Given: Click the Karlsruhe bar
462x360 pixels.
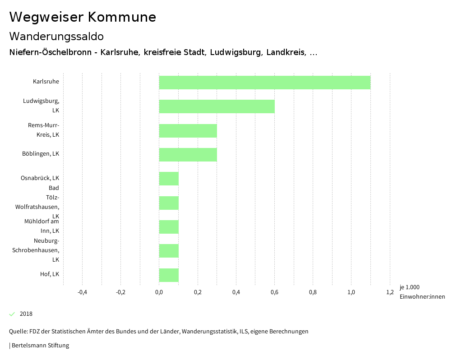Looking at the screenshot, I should [x=264, y=83].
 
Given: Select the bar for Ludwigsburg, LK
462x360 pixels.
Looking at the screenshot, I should [x=217, y=106].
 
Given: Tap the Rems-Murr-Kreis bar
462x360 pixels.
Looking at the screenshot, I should [x=188, y=131].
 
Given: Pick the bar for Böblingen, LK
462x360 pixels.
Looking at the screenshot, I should [x=188, y=155].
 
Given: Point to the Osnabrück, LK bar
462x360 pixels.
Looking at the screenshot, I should [x=169, y=179].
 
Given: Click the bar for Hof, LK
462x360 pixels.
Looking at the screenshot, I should [x=169, y=275].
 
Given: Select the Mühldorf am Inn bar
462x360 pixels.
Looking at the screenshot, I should [x=169, y=227].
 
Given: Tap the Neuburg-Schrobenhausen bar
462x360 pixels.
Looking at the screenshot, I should [x=169, y=251].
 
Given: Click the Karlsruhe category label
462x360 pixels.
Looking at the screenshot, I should [x=46, y=82].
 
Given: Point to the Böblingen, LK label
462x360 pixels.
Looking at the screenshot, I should [x=41, y=154].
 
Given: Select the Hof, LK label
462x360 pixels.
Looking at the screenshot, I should [x=50, y=274].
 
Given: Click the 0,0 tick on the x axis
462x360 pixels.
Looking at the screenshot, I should [x=159, y=292].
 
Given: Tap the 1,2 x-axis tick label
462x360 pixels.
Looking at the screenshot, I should [x=390, y=292].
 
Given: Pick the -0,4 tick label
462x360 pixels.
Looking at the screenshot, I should [x=82, y=292].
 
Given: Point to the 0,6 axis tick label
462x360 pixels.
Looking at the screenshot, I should [x=274, y=292].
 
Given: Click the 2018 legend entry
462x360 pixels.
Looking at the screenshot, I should [x=26, y=314].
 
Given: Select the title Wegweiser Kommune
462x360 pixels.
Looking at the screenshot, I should [x=83, y=17].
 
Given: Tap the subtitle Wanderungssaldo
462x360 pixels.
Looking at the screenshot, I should [x=56, y=36].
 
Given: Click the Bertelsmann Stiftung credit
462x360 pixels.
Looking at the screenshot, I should [x=40, y=346].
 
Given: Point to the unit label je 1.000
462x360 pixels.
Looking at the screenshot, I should [x=409, y=287].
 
